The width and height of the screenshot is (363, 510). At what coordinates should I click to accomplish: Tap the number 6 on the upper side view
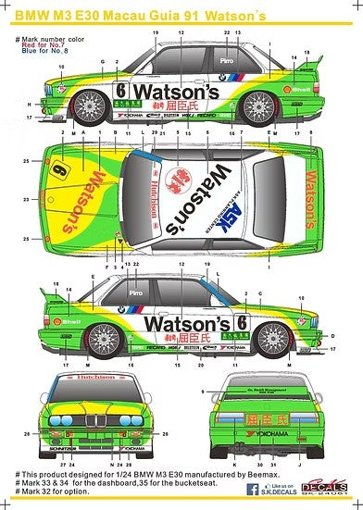point(122,92)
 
